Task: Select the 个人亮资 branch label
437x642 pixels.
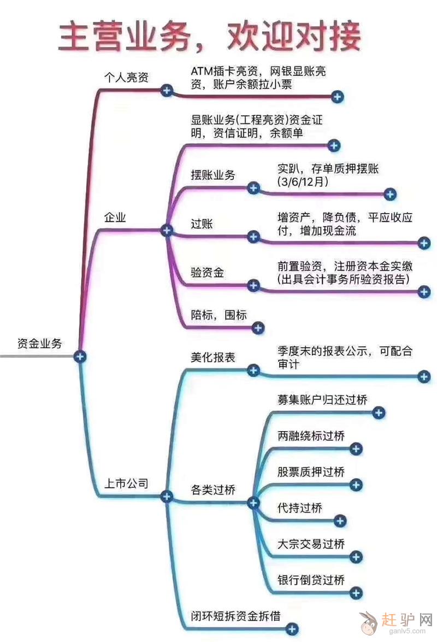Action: click(x=126, y=77)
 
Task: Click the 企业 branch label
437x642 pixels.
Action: click(x=115, y=218)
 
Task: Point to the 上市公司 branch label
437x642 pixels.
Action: click(x=126, y=483)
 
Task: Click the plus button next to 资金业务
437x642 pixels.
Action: click(x=81, y=356)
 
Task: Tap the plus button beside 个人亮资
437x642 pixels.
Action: click(x=167, y=90)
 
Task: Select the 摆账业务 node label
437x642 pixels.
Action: click(x=213, y=175)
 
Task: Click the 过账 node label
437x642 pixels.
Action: click(x=202, y=223)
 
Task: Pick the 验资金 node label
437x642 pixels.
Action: click(x=208, y=272)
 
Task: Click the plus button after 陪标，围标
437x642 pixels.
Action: click(x=258, y=328)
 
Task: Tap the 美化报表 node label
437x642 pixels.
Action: click(x=213, y=357)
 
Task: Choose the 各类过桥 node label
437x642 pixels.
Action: click(x=213, y=490)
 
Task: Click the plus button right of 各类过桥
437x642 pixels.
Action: click(x=253, y=503)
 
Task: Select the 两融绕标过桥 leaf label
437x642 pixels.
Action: click(x=311, y=436)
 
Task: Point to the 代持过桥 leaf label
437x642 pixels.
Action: click(x=300, y=508)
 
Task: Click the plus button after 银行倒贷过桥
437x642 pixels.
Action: click(x=356, y=592)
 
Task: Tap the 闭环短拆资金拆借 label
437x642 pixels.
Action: click(x=235, y=616)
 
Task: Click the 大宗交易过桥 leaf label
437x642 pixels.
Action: click(x=311, y=544)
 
